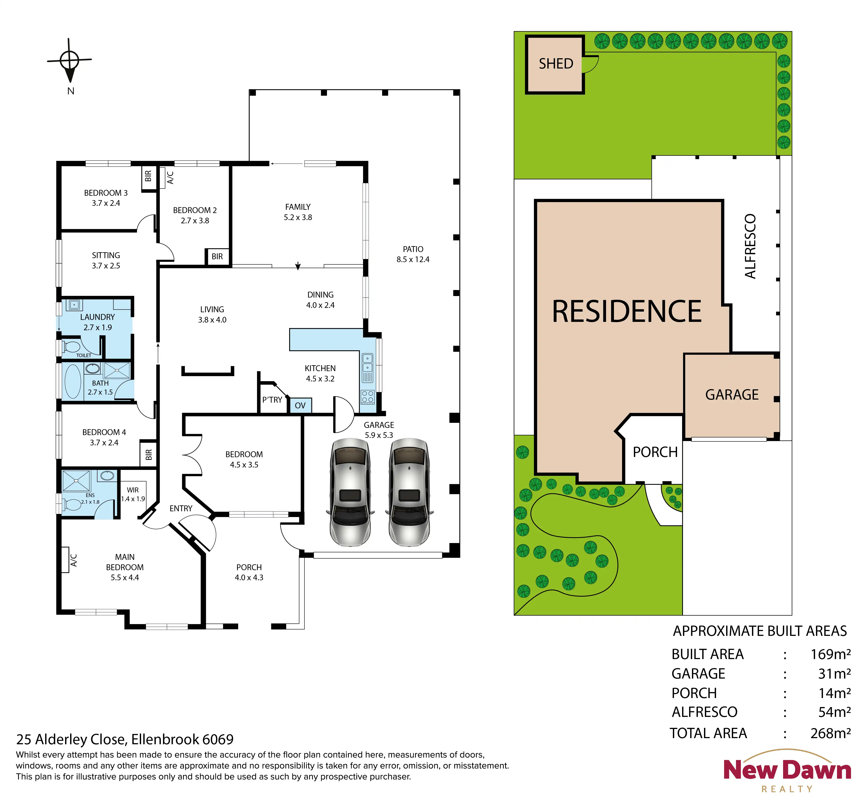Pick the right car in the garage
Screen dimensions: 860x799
point(409,492)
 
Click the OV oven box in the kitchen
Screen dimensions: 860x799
point(300,406)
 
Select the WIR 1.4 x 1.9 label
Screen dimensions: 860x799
point(133,494)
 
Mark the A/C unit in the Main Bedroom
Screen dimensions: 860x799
point(65,560)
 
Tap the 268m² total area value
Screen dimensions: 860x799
point(831,733)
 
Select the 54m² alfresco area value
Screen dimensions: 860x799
point(835,712)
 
